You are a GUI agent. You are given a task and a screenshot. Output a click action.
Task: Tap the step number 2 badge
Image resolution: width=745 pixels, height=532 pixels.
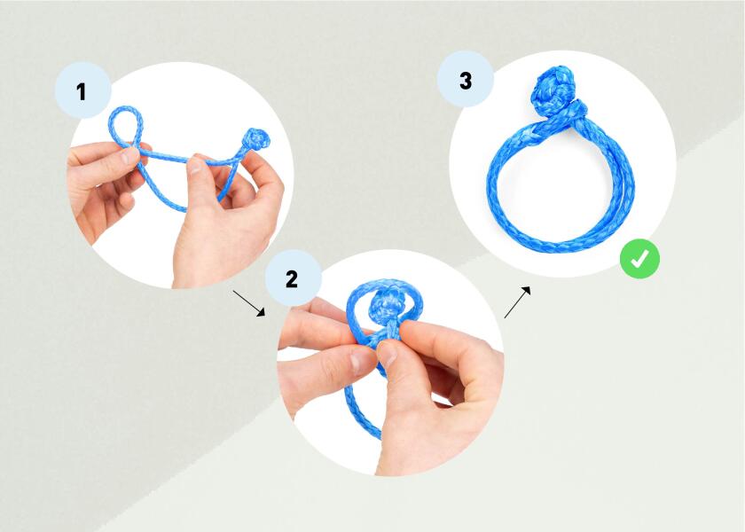click(292, 278)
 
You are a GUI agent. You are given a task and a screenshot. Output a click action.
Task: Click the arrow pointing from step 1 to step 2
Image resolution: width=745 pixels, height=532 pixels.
click(249, 301)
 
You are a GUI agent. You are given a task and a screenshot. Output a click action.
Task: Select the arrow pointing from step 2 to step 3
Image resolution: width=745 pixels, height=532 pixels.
click(519, 301)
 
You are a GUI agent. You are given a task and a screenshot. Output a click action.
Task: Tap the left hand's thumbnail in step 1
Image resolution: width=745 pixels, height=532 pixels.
click(130, 156)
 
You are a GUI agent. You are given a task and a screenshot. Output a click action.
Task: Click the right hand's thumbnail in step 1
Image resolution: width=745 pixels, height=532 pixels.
click(197, 165)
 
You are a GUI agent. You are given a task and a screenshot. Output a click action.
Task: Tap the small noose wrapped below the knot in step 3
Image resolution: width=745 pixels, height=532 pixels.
click(573, 111)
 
